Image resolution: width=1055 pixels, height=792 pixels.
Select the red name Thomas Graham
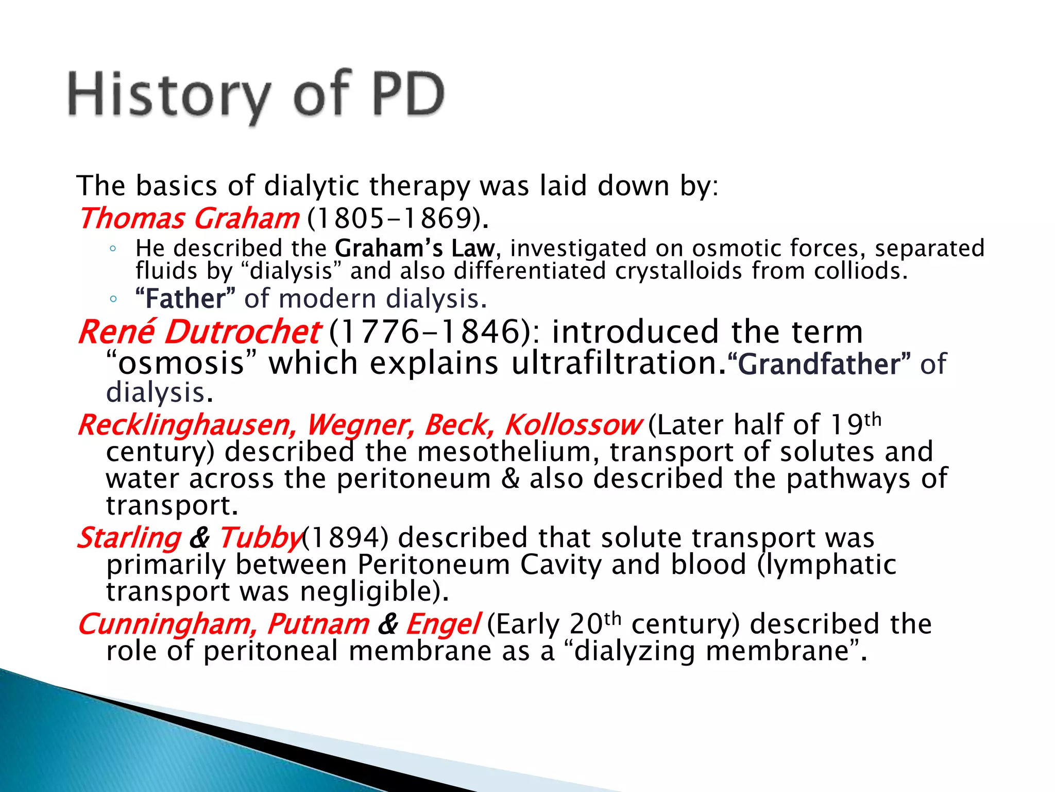pos(189,219)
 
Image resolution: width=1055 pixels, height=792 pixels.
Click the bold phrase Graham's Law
pos(415,249)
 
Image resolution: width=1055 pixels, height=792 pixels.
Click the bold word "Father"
pos(185,299)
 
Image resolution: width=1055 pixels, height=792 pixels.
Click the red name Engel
pos(443,624)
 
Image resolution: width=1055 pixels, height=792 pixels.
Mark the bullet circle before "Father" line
pos(113,299)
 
